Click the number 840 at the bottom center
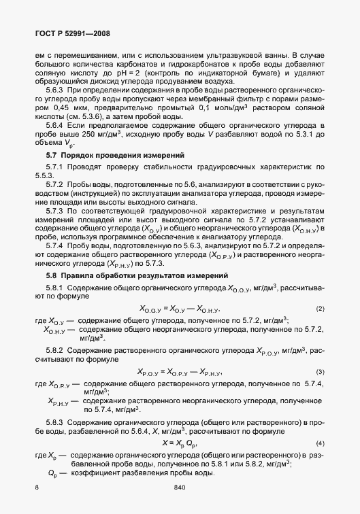(180, 487)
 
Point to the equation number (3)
(320, 373)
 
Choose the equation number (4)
(320, 444)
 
